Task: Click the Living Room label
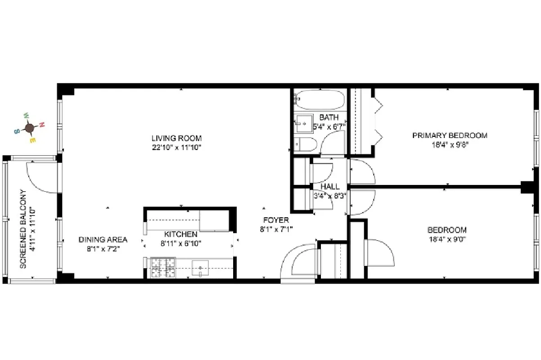click(x=176, y=138)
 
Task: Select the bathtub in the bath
click(x=319, y=100)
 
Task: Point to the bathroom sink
click(x=304, y=122)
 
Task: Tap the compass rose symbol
click(x=30, y=128)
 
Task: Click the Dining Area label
click(x=103, y=239)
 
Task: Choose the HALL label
click(x=330, y=186)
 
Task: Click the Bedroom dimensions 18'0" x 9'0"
click(x=446, y=239)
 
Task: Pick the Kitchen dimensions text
click(x=180, y=243)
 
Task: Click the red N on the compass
click(x=42, y=124)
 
